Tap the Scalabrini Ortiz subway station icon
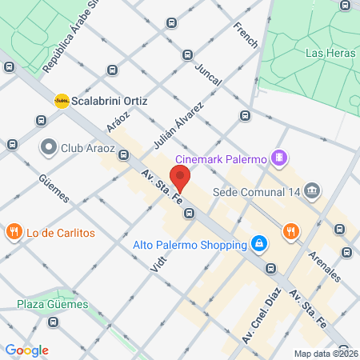click(61, 101)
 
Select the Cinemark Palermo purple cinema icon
click(278, 158)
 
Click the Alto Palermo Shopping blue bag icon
click(258, 243)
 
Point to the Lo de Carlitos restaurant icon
click(13, 233)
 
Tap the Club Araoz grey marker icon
click(49, 147)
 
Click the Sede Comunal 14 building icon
click(312, 191)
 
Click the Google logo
click(26, 350)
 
